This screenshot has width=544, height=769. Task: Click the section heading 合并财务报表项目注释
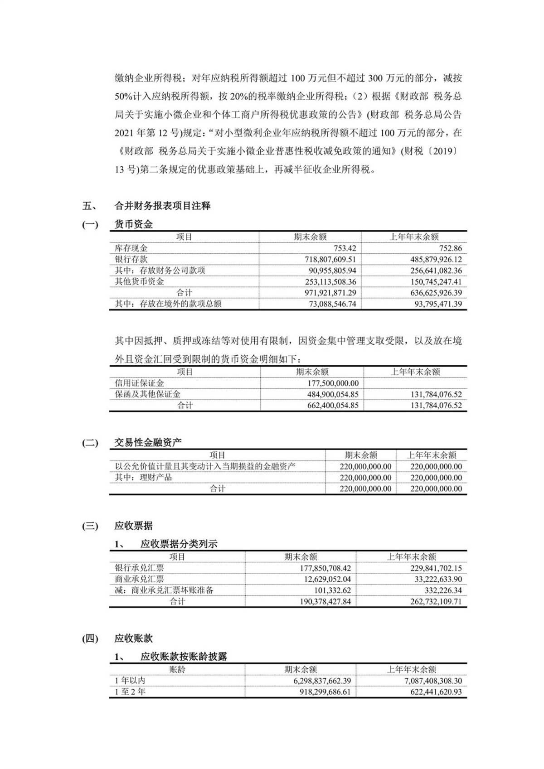(x=162, y=206)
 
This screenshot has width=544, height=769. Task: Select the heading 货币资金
(x=133, y=224)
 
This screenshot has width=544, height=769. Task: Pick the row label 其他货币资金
(x=139, y=281)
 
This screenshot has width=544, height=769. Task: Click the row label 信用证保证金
(x=139, y=383)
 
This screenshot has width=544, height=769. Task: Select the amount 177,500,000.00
(x=333, y=383)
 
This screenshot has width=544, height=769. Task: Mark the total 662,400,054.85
(x=333, y=406)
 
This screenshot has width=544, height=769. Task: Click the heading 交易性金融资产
(x=148, y=443)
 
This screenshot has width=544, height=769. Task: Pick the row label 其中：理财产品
(x=143, y=478)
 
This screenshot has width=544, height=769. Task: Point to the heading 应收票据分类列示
(x=179, y=544)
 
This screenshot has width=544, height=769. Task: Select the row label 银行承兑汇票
(x=139, y=568)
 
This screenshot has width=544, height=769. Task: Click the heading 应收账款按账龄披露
(x=184, y=657)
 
